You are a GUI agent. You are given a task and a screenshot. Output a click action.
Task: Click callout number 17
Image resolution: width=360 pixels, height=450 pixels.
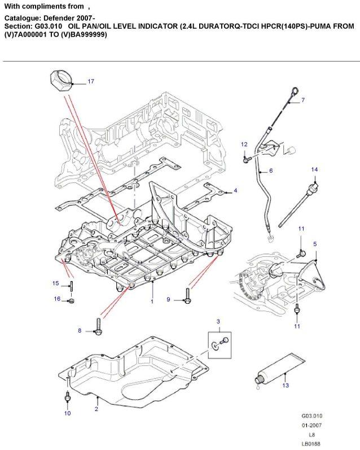pyautogui.click(x=91, y=82)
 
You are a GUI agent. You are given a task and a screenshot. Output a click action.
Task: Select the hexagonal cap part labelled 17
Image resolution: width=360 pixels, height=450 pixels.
pyautogui.click(x=60, y=81)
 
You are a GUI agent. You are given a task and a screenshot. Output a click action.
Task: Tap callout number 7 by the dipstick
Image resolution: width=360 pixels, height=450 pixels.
pyautogui.click(x=302, y=101)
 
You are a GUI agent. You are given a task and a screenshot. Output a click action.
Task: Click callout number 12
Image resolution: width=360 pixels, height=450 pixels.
pyautogui.click(x=244, y=145)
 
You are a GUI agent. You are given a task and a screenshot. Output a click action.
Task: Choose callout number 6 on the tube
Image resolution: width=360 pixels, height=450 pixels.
pyautogui.click(x=271, y=170)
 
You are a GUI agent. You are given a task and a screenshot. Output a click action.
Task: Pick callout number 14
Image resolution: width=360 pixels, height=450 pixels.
pyautogui.click(x=315, y=169)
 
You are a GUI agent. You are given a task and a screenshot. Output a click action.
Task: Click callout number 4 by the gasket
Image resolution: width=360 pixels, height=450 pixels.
pyautogui.click(x=235, y=190)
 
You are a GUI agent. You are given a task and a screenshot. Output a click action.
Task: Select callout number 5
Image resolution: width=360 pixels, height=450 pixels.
pyautogui.click(x=315, y=244)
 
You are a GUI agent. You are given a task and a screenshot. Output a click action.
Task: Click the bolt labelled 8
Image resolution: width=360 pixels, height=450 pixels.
pyautogui.click(x=99, y=326)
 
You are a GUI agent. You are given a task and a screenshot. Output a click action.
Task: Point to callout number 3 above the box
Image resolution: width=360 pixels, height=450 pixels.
pyautogui.click(x=218, y=321)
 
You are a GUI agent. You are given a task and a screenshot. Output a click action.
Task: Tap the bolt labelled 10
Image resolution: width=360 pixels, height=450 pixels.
pyautogui.click(x=67, y=400)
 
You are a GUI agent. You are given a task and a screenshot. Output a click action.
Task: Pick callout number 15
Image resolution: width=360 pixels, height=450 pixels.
pyautogui.click(x=56, y=283)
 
